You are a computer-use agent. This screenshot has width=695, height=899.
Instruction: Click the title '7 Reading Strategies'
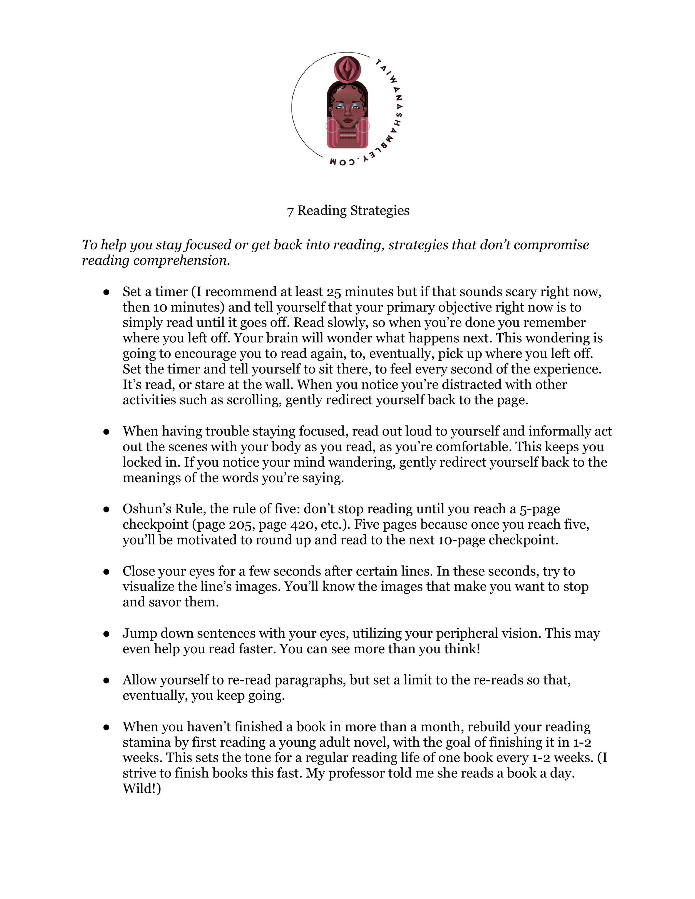348,211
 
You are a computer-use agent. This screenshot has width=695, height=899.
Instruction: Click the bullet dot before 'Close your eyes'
106,572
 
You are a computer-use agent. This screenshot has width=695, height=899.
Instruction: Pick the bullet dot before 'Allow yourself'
106,680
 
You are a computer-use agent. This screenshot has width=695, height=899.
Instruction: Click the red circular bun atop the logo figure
348,68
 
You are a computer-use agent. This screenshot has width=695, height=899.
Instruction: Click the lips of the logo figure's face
348,121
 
